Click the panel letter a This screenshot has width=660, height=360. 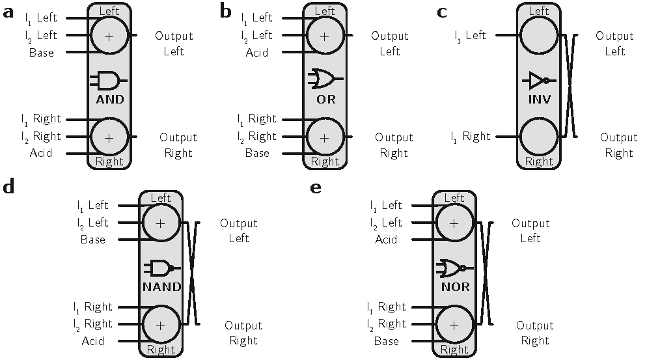pyautogui.click(x=8, y=12)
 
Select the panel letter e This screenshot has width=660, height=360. pyautogui.click(x=316, y=188)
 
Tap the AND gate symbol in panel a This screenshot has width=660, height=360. pyautogui.click(x=109, y=80)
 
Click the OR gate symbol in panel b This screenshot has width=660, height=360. pyautogui.click(x=323, y=79)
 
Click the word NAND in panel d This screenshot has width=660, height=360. pyautogui.click(x=161, y=286)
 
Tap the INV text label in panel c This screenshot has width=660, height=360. pyautogui.click(x=539, y=100)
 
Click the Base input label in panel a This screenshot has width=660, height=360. pyautogui.click(x=42, y=53)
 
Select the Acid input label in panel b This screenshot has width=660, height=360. pyautogui.click(x=257, y=53)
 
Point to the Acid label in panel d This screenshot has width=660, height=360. pyautogui.click(x=93, y=341)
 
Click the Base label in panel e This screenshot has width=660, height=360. pyautogui.click(x=386, y=341)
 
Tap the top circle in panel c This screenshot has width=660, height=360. pyautogui.click(x=539, y=35)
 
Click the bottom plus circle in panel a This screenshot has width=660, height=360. pyautogui.click(x=109, y=137)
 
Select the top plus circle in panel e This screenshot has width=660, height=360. pyautogui.click(x=454, y=223)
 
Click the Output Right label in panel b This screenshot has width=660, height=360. pyautogui.click(x=394, y=145)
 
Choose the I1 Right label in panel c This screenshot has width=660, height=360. pyautogui.click(x=472, y=137)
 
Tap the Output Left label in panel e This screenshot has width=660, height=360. pyautogui.click(x=530, y=230)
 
